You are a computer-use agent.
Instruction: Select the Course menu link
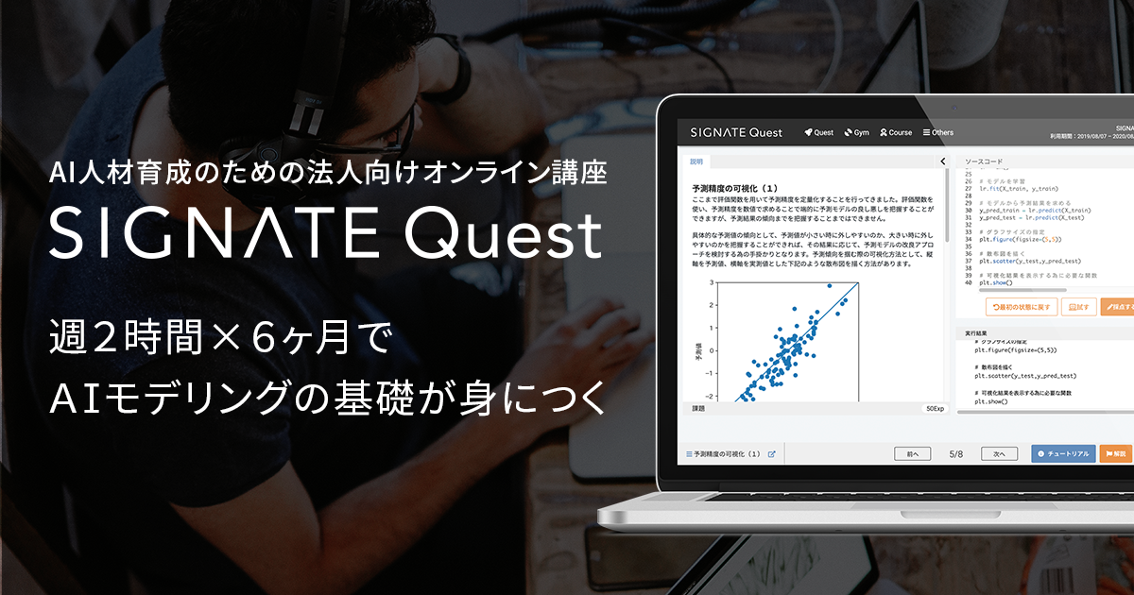896,132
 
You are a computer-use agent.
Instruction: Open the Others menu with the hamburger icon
938,132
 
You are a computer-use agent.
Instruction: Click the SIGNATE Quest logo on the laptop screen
736,132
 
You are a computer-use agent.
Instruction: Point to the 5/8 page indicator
956,453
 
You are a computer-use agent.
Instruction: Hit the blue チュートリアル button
1063,453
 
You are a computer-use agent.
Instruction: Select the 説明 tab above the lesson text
696,161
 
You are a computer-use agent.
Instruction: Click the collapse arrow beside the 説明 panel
942,161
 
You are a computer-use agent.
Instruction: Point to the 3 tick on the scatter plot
710,282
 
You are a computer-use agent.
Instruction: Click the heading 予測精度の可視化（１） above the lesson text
734,188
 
